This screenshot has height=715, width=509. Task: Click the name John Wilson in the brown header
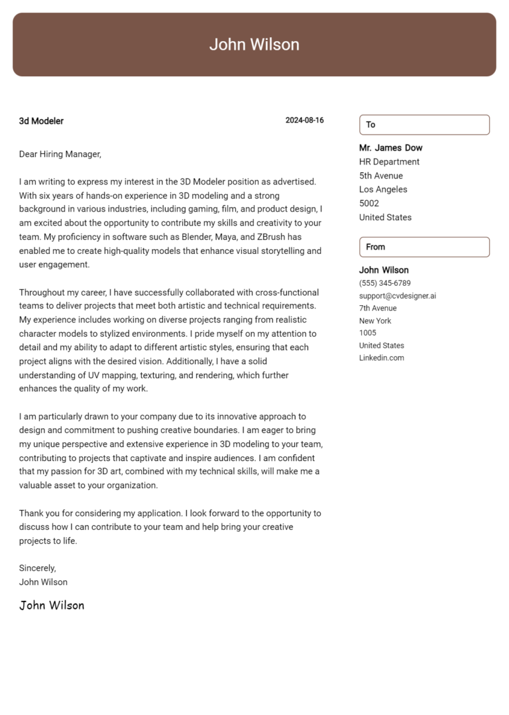[x=254, y=44]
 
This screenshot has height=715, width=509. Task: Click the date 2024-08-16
[x=304, y=121]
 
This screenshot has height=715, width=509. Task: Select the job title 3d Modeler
[x=41, y=121]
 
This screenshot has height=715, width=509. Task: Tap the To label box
[x=424, y=125]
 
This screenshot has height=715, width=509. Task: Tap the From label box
[x=424, y=247]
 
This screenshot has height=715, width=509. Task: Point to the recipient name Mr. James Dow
[x=390, y=148]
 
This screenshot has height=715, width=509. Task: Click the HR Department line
[x=389, y=162]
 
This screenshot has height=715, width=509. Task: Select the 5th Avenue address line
[x=381, y=176]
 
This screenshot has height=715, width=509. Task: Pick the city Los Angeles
[x=383, y=190]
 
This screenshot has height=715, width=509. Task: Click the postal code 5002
[x=369, y=204]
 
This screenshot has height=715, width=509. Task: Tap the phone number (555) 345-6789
[x=385, y=283]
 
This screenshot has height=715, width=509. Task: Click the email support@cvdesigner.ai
[x=398, y=296]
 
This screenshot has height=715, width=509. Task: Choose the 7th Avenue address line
[x=378, y=308]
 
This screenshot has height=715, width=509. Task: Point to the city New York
[x=375, y=321]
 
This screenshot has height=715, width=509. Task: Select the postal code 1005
[x=368, y=333]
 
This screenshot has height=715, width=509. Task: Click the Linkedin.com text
[x=382, y=358]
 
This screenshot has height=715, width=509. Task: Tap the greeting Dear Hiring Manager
[x=60, y=155]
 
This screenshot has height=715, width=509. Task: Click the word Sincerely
[x=38, y=568]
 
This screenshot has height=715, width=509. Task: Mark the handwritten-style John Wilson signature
[x=52, y=606]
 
